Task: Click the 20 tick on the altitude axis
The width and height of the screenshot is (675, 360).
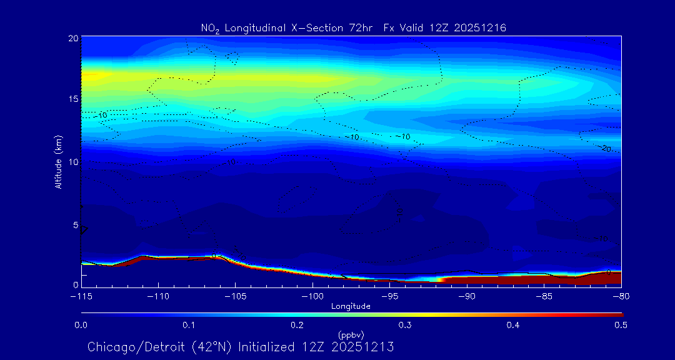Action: tap(73, 39)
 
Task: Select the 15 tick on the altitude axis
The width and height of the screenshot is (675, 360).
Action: tap(73, 99)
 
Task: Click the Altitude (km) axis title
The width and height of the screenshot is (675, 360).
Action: tap(58, 162)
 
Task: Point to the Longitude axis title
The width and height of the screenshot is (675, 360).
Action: tap(351, 306)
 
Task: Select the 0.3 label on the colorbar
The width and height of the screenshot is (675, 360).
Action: tap(405, 325)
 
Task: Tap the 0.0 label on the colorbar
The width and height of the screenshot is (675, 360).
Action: tap(81, 325)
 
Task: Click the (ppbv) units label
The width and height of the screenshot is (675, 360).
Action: tap(351, 335)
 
